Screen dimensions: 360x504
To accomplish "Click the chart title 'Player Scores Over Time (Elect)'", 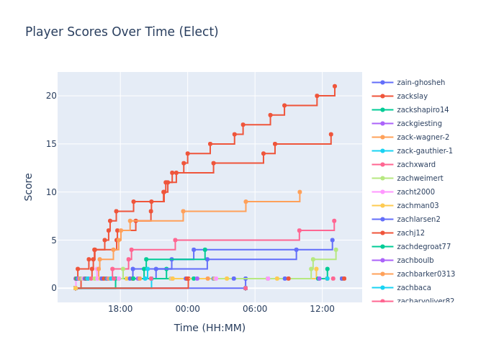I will click(122, 32).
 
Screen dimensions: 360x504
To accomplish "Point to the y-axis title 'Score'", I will click(29, 186).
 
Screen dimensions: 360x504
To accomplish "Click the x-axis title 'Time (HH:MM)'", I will click(210, 328).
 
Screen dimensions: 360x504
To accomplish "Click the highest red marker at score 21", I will click(334, 86).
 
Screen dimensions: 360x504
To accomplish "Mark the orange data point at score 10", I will click(300, 192).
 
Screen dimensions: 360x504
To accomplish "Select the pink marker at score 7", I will click(334, 221).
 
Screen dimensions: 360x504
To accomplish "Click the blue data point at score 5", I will click(332, 240).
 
